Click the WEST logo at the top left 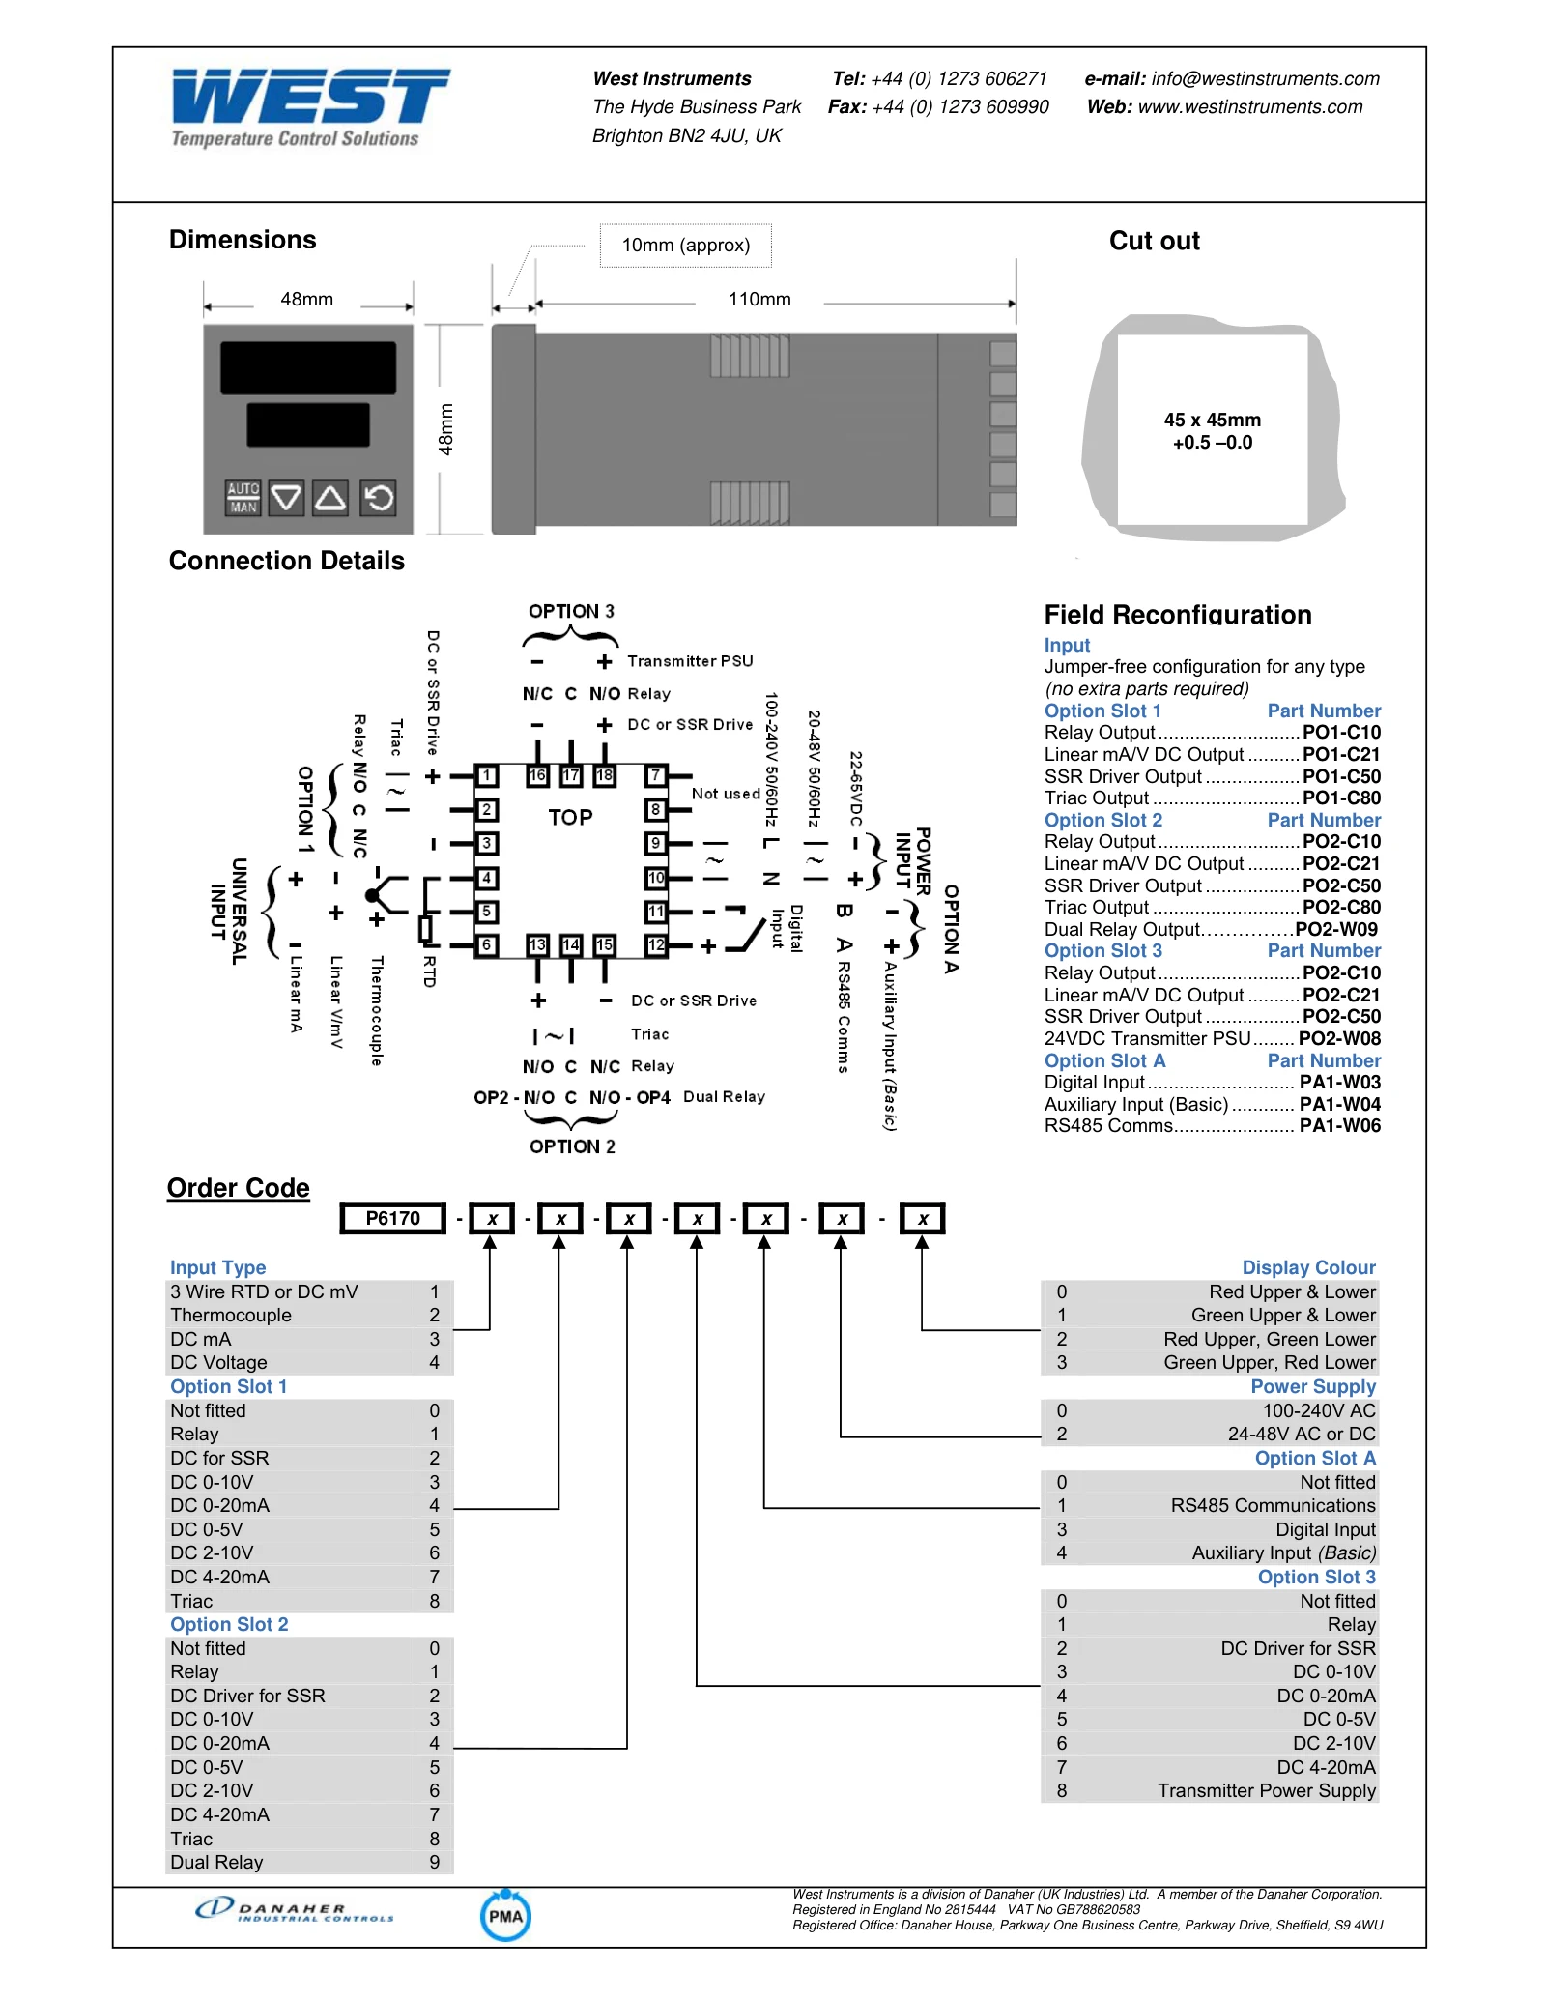309,107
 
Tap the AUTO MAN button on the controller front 243,498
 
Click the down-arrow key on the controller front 286,498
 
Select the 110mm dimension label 759,300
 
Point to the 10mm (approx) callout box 686,246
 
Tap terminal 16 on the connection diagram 538,775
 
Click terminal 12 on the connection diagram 656,944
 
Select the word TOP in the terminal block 570,818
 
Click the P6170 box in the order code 393,1218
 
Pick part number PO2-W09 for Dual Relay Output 1336,929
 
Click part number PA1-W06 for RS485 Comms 1340,1125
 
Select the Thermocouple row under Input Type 309,1316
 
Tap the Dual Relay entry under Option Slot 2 309,1863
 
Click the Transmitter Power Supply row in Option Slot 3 1210,1791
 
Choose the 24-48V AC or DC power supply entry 1210,1435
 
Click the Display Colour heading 1308,1267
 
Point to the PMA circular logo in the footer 505,1916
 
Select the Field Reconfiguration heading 1178,615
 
